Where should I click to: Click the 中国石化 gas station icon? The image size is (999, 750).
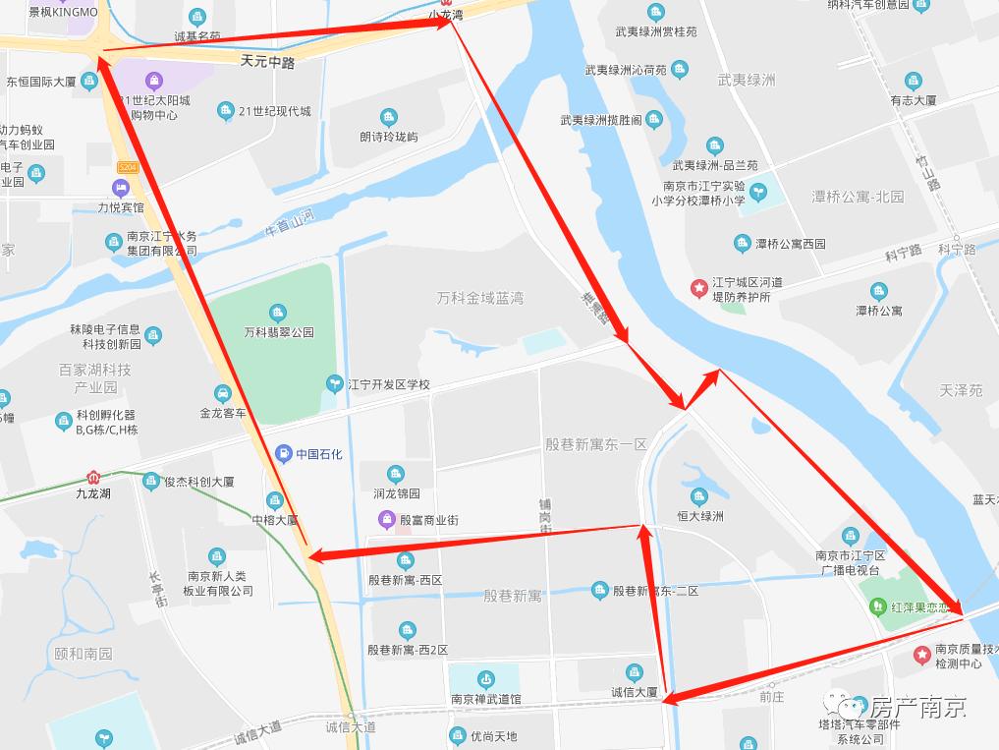tap(284, 453)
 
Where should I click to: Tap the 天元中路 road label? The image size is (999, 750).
tap(267, 61)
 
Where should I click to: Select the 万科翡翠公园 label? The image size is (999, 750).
tap(279, 332)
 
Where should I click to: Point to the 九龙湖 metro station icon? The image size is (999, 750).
tap(93, 478)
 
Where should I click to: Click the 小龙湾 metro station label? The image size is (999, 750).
tap(446, 16)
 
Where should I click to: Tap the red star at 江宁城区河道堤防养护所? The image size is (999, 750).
tap(698, 287)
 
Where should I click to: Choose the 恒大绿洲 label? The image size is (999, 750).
tap(699, 515)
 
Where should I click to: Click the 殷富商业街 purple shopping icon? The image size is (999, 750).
tap(388, 519)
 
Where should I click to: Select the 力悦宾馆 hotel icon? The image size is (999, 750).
tap(121, 188)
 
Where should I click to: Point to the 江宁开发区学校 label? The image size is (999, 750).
tap(389, 384)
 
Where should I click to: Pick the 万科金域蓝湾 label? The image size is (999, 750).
tap(480, 298)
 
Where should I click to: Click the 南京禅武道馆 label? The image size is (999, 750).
tap(485, 699)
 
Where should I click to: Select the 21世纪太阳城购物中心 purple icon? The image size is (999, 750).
tap(153, 81)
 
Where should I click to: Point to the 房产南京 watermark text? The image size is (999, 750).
tap(917, 706)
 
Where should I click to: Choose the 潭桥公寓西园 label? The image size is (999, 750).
tap(790, 244)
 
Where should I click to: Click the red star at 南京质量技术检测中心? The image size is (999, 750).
tap(921, 654)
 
